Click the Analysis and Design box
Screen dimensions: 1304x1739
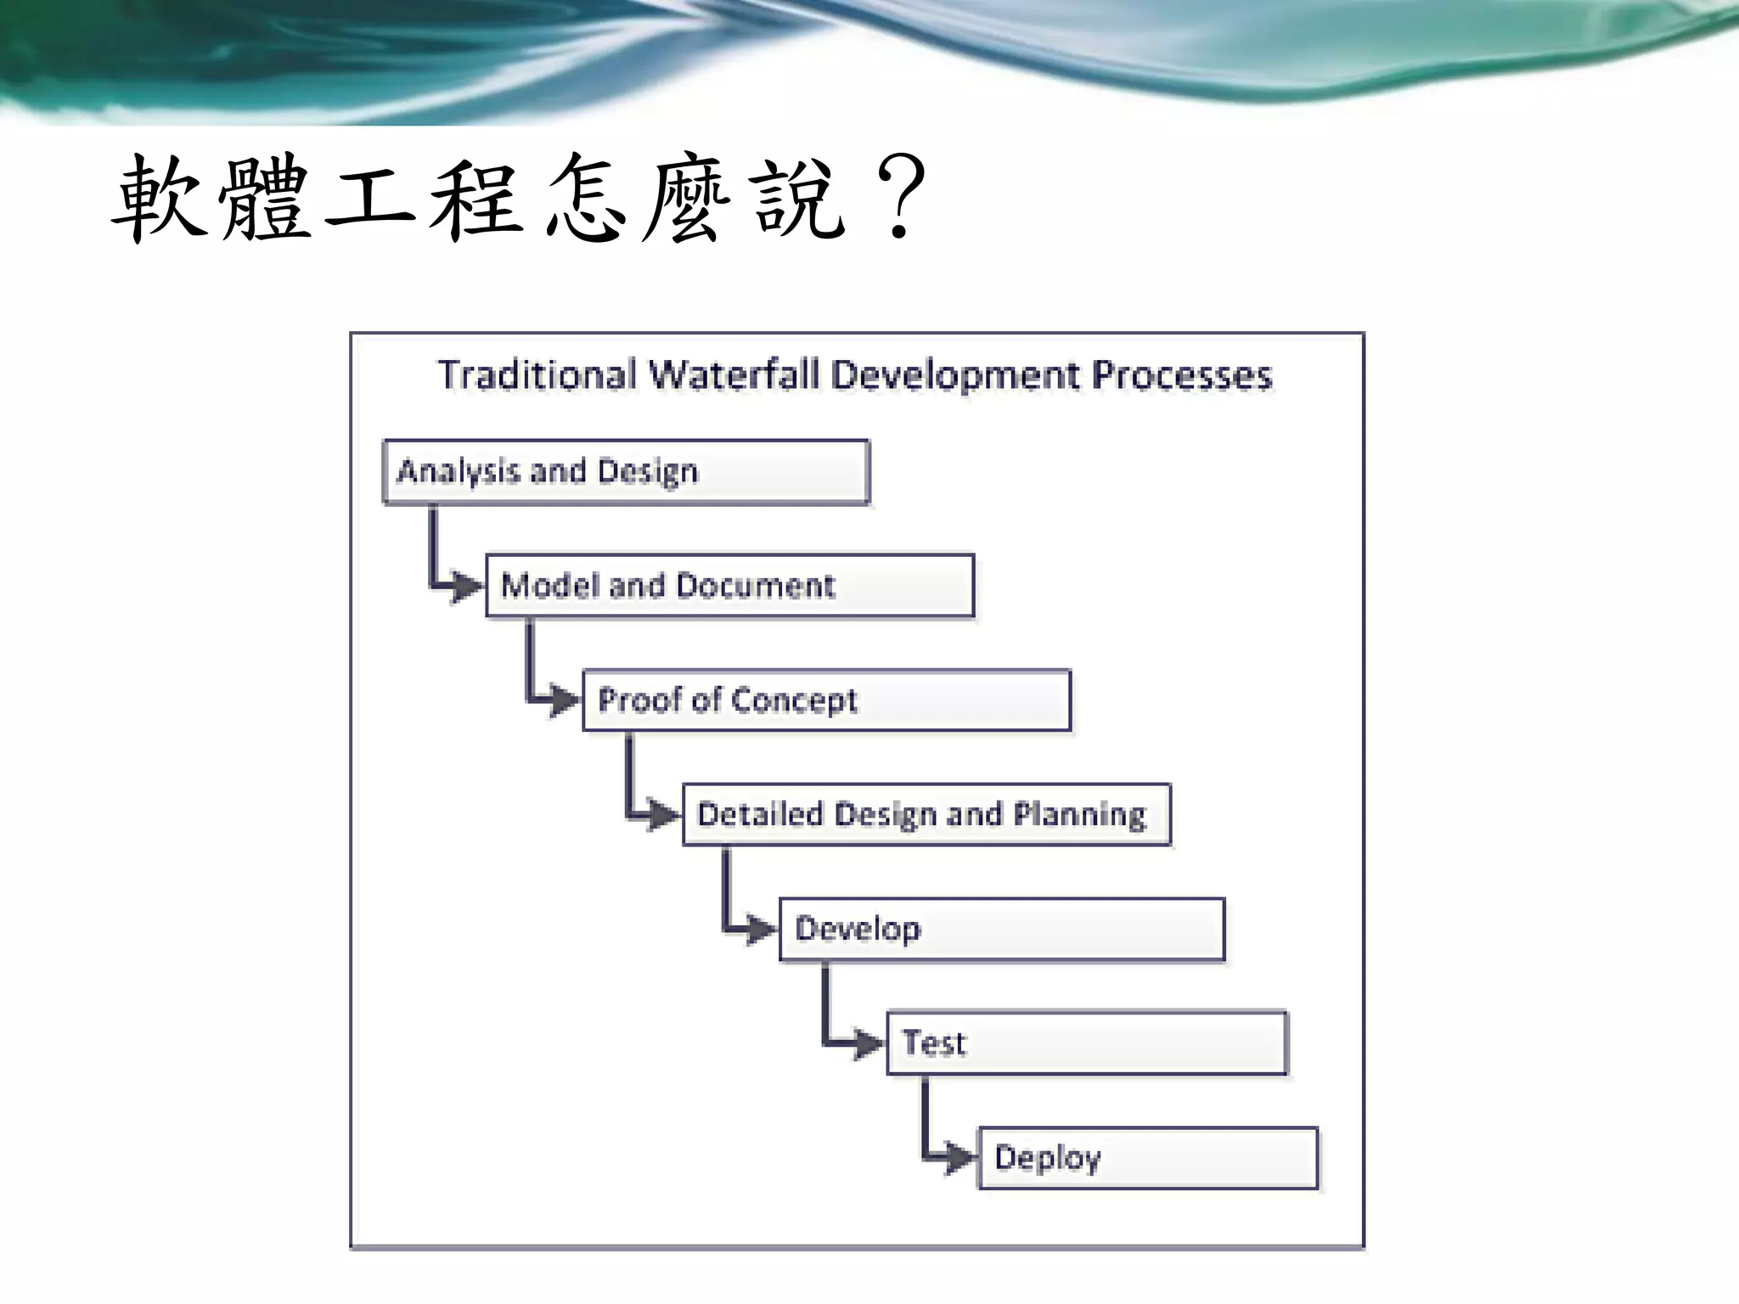626,472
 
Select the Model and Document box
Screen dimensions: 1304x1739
729,586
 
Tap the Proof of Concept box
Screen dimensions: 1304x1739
826,700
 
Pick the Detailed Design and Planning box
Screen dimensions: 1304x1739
926,815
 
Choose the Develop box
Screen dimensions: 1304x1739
1002,930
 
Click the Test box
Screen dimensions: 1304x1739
1087,1043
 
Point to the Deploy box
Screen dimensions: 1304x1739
1148,1158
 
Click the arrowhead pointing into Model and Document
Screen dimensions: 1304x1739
465,586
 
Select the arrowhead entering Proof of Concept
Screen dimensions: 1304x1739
562,700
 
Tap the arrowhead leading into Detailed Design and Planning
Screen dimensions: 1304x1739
662,815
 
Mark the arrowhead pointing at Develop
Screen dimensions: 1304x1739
759,930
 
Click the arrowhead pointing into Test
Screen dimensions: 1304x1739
867,1043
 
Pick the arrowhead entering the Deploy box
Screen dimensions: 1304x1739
959,1157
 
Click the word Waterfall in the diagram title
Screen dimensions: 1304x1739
734,375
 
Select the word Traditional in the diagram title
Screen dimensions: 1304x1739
537,375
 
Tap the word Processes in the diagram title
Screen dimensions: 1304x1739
1181,375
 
